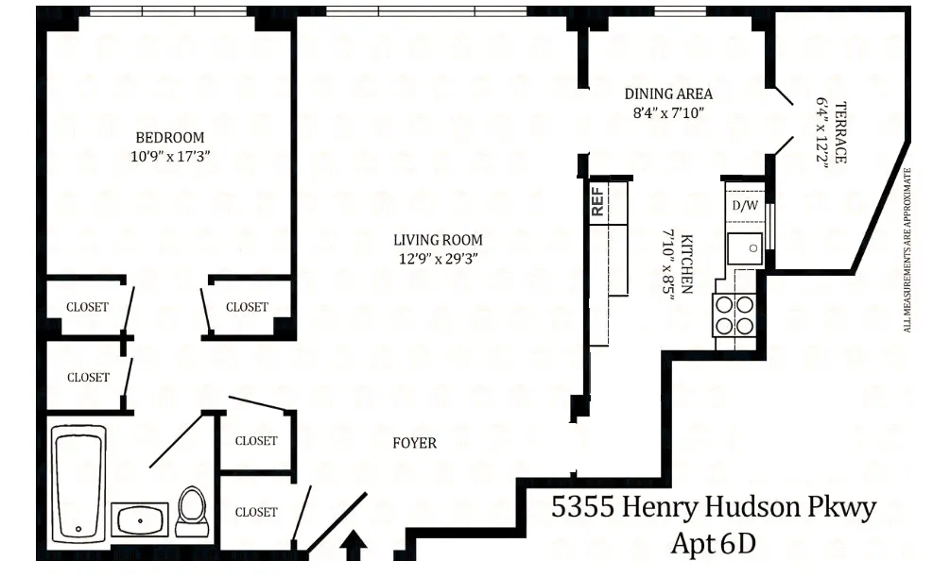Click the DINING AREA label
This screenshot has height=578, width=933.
(668, 93)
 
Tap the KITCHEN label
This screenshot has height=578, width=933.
(686, 263)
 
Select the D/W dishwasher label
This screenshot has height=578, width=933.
(744, 205)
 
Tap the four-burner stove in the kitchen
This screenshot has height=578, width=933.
(735, 314)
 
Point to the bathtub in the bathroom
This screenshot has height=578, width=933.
(78, 482)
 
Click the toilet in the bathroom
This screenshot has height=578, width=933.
(193, 511)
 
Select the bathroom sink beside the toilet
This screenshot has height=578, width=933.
(140, 518)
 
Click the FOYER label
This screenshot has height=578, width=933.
(414, 442)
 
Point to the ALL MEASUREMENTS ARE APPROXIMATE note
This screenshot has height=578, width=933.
(907, 250)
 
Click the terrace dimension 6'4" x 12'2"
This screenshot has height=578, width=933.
(822, 132)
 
